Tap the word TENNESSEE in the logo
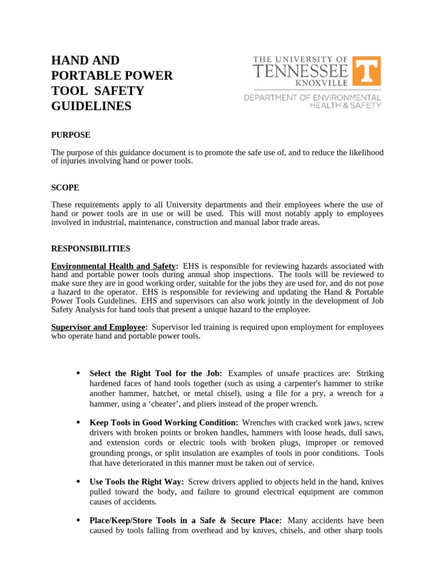coord(300,71)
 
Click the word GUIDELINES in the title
coord(91,106)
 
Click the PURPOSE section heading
coord(71,135)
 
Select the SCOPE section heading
coord(65,187)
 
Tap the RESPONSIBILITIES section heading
coord(91,249)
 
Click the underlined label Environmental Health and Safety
coord(114,266)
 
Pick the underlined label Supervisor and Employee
coord(99,327)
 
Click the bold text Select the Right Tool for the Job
coord(156,373)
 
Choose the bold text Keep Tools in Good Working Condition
coord(164,422)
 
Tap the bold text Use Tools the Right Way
coord(137,481)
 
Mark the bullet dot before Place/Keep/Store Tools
coord(77,520)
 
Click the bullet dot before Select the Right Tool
coord(77,373)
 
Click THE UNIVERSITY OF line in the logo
coord(300,59)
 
